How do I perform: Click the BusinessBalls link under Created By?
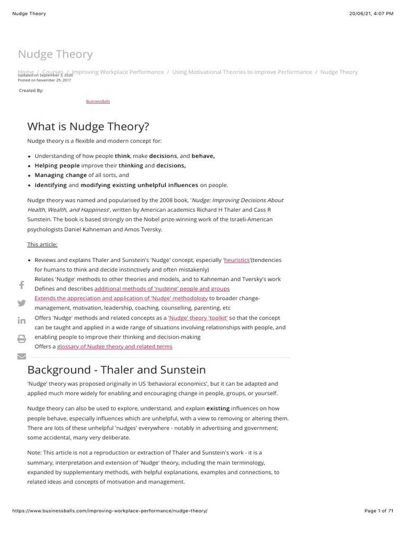click(x=98, y=101)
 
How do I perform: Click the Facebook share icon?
click(x=22, y=285)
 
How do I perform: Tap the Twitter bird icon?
click(x=22, y=303)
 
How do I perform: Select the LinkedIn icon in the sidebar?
click(x=22, y=321)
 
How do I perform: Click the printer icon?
click(x=22, y=339)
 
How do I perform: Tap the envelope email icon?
click(x=22, y=356)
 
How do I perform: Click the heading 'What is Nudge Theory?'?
click(x=88, y=127)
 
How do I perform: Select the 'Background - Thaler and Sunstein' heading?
click(x=116, y=370)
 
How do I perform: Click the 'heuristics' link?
click(x=237, y=260)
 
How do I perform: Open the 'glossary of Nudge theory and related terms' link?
click(x=114, y=347)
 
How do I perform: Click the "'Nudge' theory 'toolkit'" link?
click(x=198, y=318)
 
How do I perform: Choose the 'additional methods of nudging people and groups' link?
click(x=162, y=289)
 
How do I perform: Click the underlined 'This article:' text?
click(x=42, y=244)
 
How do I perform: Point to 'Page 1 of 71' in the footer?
click(x=379, y=511)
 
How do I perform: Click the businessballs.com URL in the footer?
click(x=109, y=511)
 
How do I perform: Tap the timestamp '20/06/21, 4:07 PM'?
click(x=372, y=13)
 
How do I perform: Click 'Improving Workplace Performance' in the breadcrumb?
click(x=118, y=72)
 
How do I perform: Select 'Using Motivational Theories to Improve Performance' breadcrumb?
click(x=242, y=72)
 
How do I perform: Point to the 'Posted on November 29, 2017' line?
click(x=44, y=80)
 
